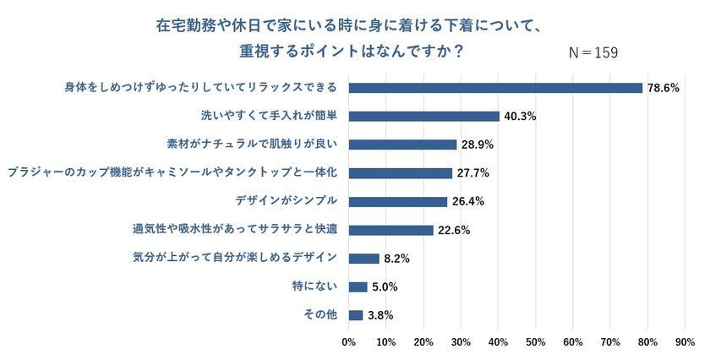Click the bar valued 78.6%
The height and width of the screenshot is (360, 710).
pyautogui.click(x=495, y=88)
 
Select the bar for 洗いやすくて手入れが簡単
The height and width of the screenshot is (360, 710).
pyautogui.click(x=423, y=116)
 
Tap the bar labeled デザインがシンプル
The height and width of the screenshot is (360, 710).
pyautogui.click(x=397, y=201)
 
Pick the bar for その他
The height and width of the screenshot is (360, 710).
pyautogui.click(x=355, y=315)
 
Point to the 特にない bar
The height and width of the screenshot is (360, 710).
pyautogui.click(x=358, y=286)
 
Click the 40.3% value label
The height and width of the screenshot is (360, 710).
pyautogui.click(x=520, y=117)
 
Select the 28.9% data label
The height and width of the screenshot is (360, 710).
pyautogui.click(x=477, y=145)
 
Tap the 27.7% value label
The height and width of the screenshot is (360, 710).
pyautogui.click(x=472, y=173)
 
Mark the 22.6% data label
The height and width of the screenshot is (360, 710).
pyautogui.click(x=454, y=230)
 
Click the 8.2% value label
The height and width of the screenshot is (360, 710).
pyautogui.click(x=396, y=259)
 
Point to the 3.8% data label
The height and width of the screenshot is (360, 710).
pyautogui.click(x=380, y=316)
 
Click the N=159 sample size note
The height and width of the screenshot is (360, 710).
pyautogui.click(x=593, y=52)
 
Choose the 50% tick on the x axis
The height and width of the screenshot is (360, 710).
pyautogui.click(x=535, y=342)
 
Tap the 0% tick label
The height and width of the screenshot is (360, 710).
pyautogui.click(x=348, y=342)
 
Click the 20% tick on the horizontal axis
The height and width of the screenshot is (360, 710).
pyautogui.click(x=423, y=342)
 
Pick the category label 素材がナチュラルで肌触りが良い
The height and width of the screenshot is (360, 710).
pyautogui.click(x=254, y=145)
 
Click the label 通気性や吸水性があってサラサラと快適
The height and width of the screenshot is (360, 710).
pyautogui.click(x=235, y=229)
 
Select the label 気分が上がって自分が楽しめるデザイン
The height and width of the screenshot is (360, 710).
pyautogui.click(x=236, y=258)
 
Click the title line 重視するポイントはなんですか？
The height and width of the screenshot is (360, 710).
pyautogui.click(x=351, y=52)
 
